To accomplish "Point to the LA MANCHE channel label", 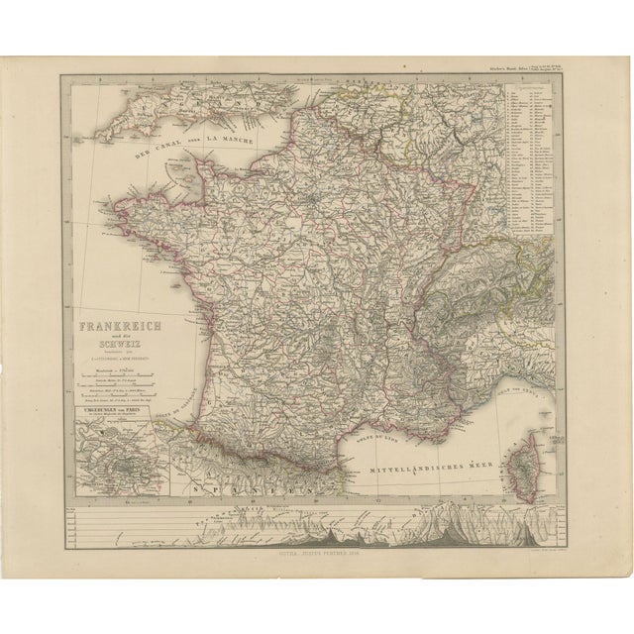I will point(230,141).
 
